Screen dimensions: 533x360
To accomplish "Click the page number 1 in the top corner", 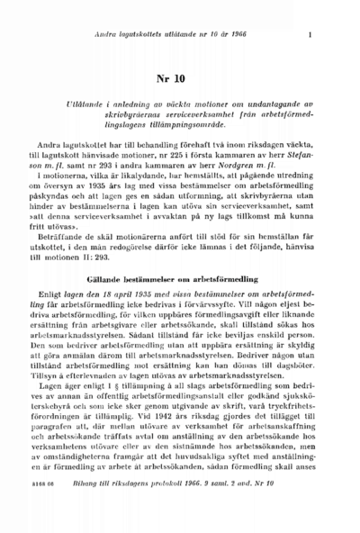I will click(x=309, y=35).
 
